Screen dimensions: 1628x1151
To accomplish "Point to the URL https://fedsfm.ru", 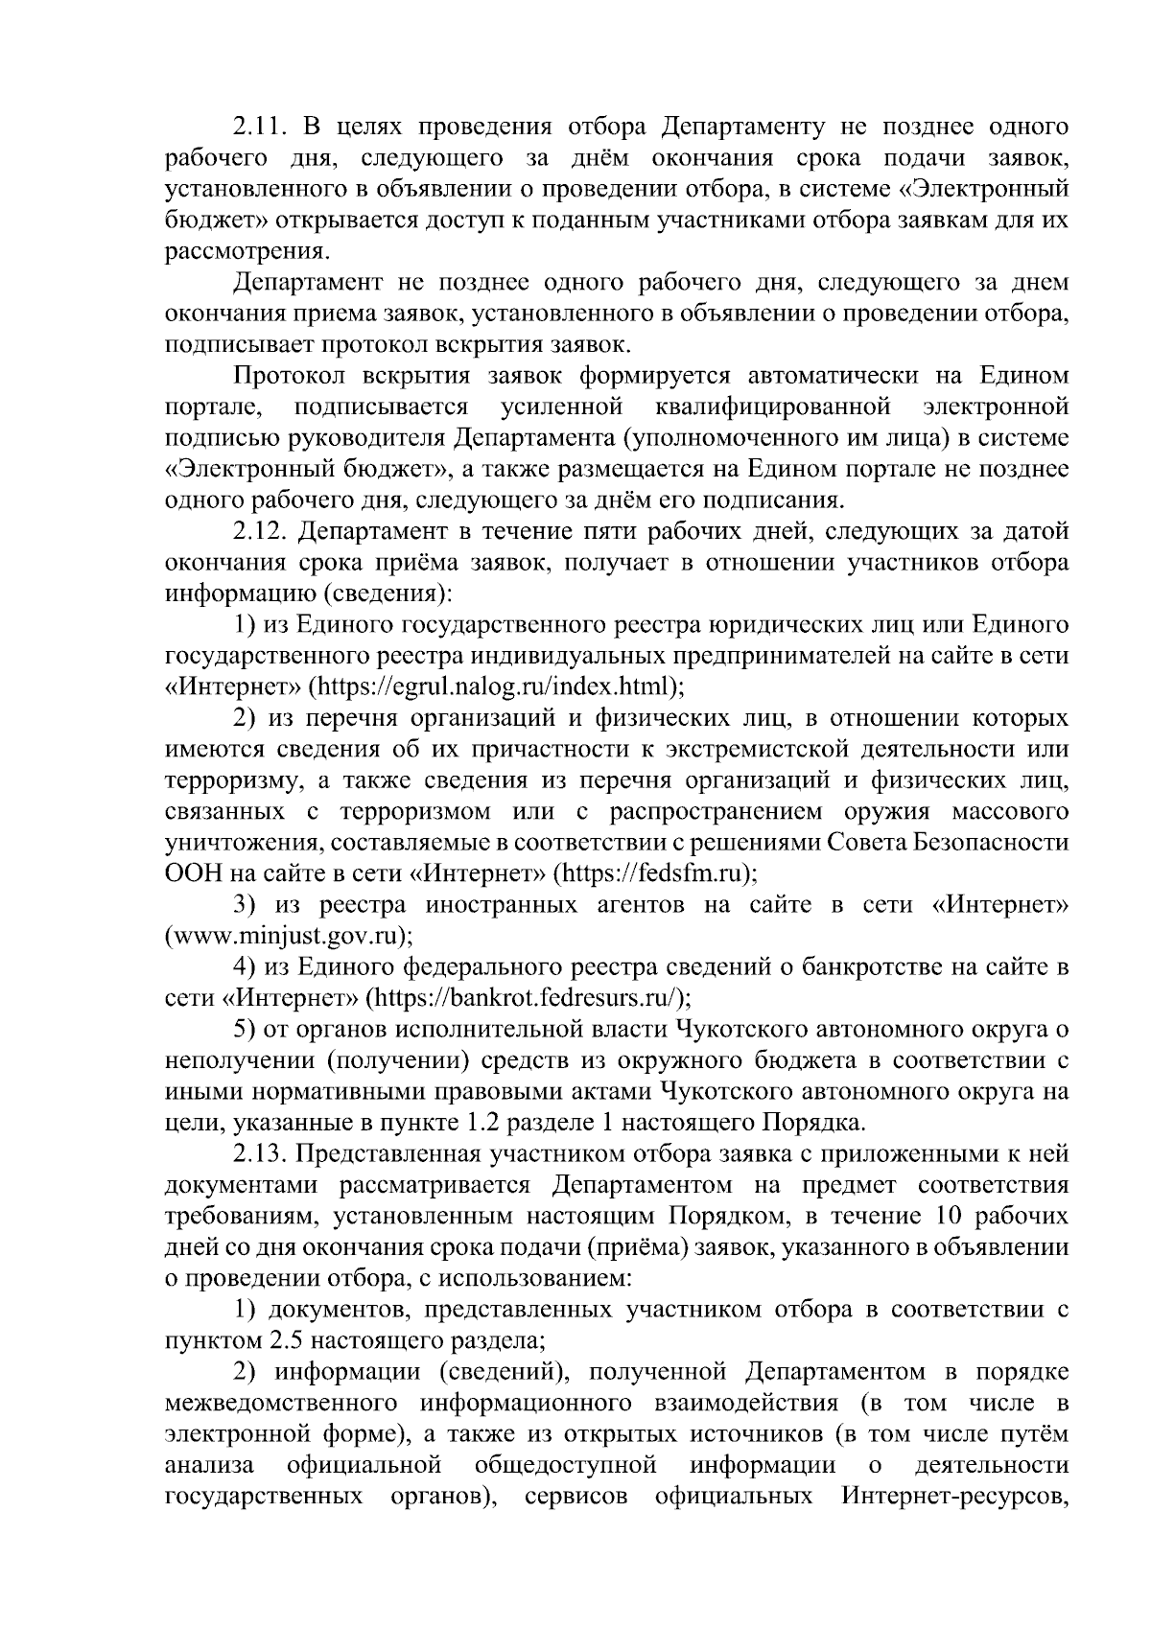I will [x=654, y=874].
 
